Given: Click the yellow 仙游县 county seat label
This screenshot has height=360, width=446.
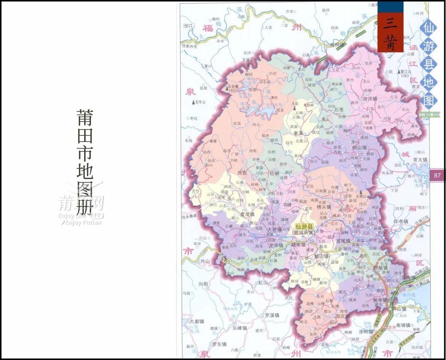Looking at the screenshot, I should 305,226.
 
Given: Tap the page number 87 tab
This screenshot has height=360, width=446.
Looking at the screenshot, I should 437,175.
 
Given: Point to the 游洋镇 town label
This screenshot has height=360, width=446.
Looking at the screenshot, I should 370,99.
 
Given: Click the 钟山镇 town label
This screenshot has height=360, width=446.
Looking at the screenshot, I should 359,147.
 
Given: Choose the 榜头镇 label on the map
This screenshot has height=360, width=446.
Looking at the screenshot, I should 324,206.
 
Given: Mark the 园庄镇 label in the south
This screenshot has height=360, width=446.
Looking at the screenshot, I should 342,316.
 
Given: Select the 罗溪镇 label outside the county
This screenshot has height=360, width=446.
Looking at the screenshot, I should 272,315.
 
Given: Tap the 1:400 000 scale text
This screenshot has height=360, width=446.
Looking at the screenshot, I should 428,114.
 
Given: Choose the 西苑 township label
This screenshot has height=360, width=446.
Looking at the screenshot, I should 242,173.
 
